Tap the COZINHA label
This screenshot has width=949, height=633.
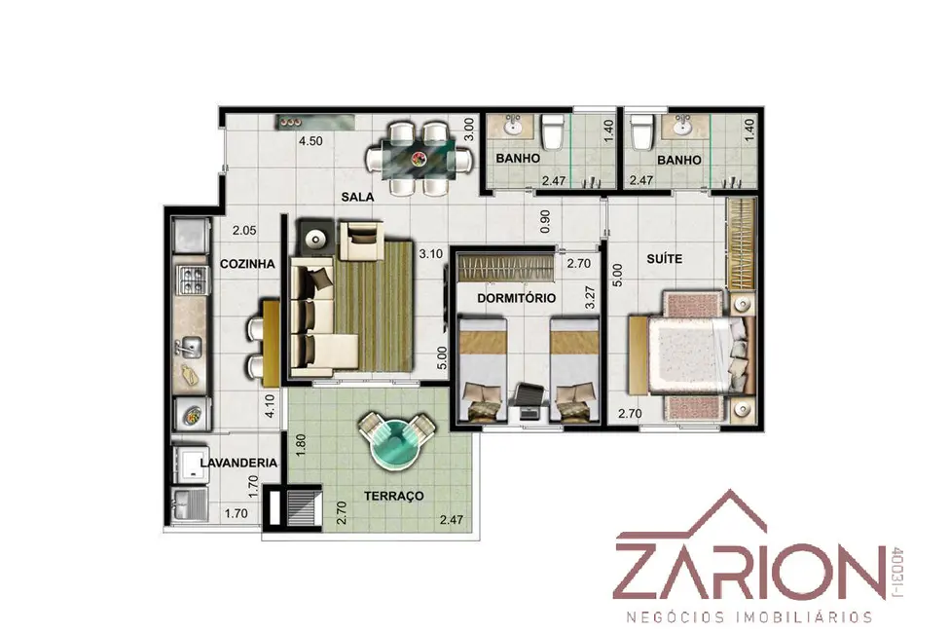click(x=245, y=264)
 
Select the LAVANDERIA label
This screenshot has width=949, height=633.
click(x=238, y=463)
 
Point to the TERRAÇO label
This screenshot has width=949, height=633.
click(x=394, y=496)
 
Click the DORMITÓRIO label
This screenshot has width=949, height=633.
click(x=516, y=298)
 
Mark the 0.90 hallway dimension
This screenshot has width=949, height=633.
click(x=545, y=221)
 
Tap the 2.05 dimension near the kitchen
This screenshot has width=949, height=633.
click(x=243, y=231)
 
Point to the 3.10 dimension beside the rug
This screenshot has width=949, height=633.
click(x=429, y=253)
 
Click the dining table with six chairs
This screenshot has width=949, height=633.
click(x=419, y=159)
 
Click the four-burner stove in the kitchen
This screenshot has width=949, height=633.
click(x=190, y=279)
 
